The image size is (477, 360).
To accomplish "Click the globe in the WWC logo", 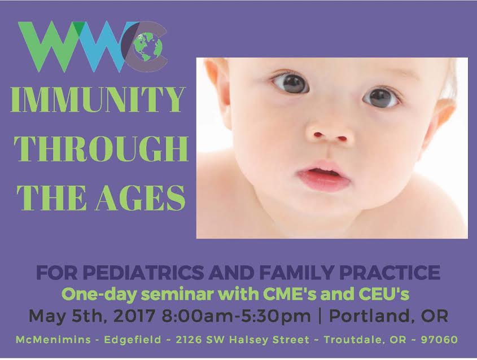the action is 148,46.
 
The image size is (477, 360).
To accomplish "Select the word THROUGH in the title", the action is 101,149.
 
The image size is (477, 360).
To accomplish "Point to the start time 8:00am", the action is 194,316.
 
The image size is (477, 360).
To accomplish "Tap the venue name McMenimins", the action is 53,340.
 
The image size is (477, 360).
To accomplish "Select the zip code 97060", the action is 439,340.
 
